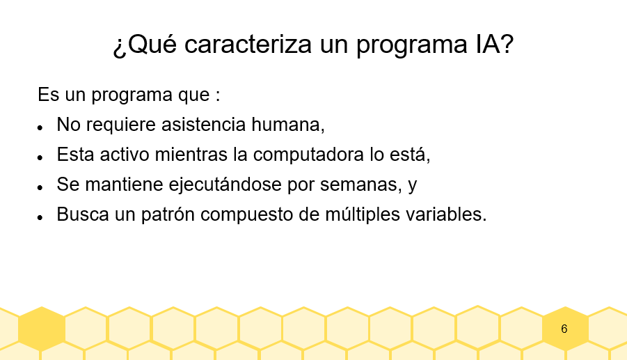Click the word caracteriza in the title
(x=248, y=45)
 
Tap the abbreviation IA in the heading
(x=487, y=45)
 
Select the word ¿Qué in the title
(x=145, y=45)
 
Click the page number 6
(x=564, y=329)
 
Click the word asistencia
(x=203, y=125)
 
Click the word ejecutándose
(x=225, y=185)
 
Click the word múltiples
(x=363, y=214)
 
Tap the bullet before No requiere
(x=40, y=127)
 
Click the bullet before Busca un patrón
(x=40, y=217)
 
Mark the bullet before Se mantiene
(x=40, y=187)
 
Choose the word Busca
(x=83, y=214)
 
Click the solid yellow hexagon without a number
(x=42, y=329)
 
